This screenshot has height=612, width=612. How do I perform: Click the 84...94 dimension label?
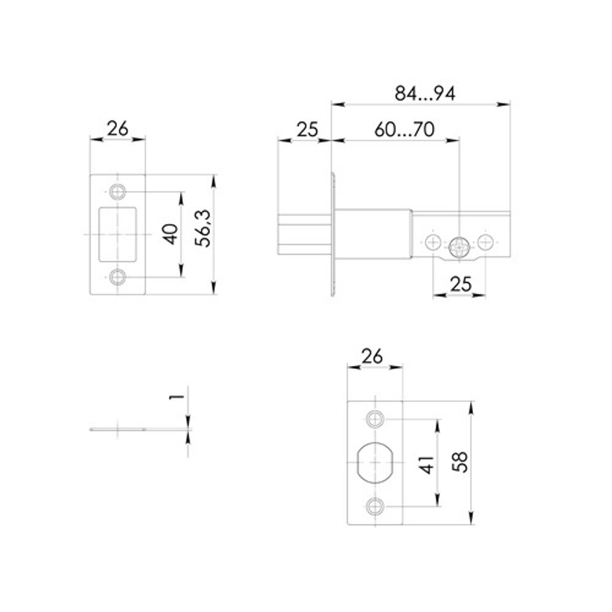pos(425,93)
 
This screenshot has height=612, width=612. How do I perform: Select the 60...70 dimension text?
pos(404,130)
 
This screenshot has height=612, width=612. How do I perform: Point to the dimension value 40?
pos(172,234)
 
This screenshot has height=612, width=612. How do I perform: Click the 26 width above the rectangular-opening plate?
pos(118,129)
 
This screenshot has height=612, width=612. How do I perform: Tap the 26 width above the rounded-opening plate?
pos(375,356)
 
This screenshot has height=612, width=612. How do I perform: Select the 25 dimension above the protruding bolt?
pos(307,130)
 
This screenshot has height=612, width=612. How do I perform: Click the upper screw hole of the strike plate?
pos(118,192)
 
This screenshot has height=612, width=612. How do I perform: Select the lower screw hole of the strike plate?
pos(118,277)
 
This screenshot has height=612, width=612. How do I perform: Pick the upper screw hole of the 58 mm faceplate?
pos(375,419)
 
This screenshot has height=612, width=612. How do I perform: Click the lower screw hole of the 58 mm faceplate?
pos(375,506)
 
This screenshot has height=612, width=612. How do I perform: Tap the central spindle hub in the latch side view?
pos(458,247)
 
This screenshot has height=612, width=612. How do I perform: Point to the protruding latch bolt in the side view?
pos(304,234)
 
